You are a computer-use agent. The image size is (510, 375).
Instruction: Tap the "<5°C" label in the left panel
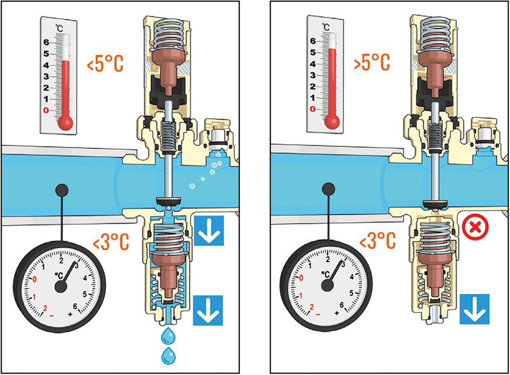click(x=106, y=64)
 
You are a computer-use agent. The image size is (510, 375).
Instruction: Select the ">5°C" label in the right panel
click(x=373, y=63)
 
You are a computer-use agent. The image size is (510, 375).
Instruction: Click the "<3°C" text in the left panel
click(x=106, y=240)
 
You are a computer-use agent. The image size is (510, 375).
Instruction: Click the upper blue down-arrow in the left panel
click(x=209, y=231)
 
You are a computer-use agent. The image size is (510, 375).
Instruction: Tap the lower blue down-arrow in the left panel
click(x=209, y=310)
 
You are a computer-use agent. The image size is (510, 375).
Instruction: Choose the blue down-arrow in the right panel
click(x=474, y=310)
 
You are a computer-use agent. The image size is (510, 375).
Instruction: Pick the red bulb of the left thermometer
click(x=66, y=121)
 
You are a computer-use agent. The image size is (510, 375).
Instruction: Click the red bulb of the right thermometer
click(x=333, y=121)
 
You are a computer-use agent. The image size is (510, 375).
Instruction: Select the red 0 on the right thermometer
click(x=313, y=109)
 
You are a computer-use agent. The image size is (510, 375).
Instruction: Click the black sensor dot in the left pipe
click(x=60, y=189)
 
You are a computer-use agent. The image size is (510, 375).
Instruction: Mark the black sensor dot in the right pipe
click(x=328, y=189)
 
